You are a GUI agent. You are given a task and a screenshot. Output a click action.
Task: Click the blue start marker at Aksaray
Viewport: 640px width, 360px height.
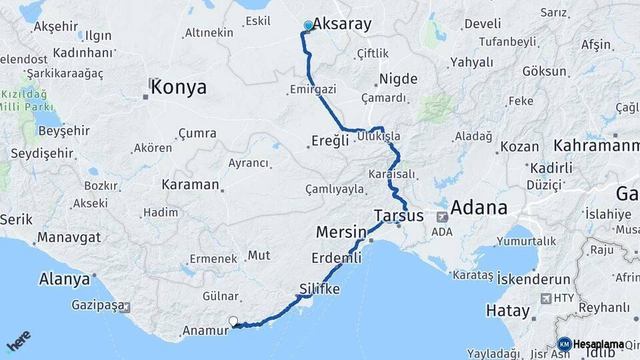coord(308,26)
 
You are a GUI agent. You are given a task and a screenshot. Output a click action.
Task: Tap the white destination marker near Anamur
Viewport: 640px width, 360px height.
coord(233,321)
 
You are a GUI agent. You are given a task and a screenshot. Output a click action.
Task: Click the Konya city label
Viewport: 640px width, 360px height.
coord(178,87)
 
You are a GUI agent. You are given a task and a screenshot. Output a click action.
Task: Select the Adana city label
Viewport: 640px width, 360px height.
coord(479,207)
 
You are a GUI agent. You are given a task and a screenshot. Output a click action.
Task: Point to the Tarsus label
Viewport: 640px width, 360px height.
coord(399,216)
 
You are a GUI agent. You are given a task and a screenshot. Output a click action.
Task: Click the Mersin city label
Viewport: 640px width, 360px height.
coord(341,233)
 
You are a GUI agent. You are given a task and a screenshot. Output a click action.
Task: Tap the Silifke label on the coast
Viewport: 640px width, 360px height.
coord(320,289)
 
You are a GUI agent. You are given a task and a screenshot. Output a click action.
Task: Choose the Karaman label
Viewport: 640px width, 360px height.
coord(190,185)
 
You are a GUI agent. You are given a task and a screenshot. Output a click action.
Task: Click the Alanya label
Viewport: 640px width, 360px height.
coord(65,279)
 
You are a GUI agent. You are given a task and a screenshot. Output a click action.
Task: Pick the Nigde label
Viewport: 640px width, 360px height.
coord(398,79)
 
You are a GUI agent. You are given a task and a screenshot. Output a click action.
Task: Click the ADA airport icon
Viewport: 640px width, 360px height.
coord(441,217)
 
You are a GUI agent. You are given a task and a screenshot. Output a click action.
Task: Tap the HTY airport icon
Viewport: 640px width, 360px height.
coord(547,299)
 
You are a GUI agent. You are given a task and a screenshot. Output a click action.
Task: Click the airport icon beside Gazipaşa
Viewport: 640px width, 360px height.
coord(125,307)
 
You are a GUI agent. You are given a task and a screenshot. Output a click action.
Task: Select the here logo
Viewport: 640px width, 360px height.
coord(19,341)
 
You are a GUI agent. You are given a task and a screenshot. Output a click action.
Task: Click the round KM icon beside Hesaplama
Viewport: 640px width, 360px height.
coord(564,344)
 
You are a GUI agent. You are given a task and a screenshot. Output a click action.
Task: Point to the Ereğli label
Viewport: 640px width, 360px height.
coord(330,141)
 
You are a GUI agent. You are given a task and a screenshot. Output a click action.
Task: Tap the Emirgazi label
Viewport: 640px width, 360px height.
coord(313,89)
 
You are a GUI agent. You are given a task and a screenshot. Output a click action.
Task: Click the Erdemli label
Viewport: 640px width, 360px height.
coord(336,258)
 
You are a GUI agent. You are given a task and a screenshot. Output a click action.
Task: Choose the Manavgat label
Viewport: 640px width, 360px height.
coord(69,237)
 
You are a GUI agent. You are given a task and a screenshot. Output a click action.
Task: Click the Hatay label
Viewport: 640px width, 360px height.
coord(507,311)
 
